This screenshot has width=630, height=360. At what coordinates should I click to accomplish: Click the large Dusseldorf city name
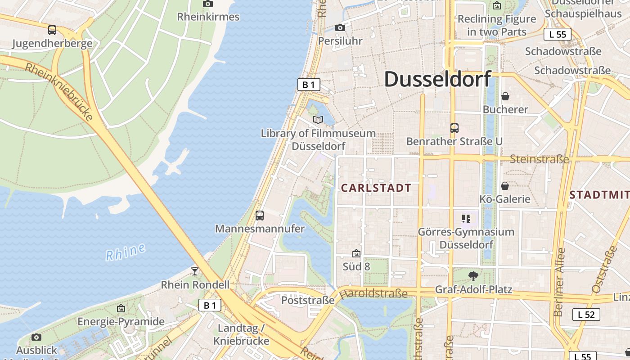[x=437, y=80]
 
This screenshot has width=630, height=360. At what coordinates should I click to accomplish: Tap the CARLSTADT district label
[x=376, y=188]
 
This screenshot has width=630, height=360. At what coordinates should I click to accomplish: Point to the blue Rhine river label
[x=126, y=252]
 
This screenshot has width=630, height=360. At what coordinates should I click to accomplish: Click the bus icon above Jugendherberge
[x=52, y=30]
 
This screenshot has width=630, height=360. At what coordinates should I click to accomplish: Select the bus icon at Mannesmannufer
[x=260, y=216]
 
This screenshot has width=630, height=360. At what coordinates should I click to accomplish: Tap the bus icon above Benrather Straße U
[x=454, y=128]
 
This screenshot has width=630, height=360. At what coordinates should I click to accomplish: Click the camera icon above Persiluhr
[x=340, y=28]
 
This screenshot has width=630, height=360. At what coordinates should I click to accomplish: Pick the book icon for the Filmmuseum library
[x=318, y=120]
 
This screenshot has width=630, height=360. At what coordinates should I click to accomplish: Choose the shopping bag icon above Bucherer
[x=505, y=96]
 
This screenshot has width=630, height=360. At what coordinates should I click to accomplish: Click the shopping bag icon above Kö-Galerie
[x=505, y=186]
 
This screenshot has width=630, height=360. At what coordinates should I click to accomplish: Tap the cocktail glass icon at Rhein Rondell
[x=195, y=271]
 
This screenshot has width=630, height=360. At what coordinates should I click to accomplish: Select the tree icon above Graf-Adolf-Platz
[x=473, y=276]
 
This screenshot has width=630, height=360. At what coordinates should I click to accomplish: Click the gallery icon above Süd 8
[x=356, y=253]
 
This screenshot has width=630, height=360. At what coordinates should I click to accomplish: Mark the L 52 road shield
[x=586, y=314]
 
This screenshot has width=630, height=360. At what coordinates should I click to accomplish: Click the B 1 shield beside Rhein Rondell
[x=210, y=306]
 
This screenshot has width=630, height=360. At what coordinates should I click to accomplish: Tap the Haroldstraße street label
[x=373, y=294]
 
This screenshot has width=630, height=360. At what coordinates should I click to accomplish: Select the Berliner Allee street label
[x=559, y=282]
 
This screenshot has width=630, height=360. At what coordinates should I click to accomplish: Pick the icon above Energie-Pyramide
[x=121, y=309]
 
